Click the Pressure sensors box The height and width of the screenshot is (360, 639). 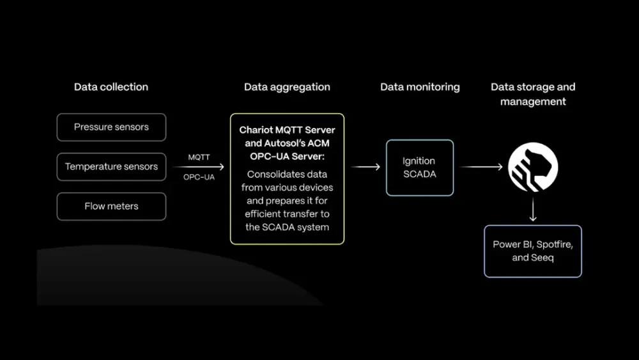111,127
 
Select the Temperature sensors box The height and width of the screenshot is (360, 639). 111,167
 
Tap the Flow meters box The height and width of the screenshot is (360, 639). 111,207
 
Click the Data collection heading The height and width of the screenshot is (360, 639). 111,87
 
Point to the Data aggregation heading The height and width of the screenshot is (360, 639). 287,87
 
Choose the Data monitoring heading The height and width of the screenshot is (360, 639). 420,87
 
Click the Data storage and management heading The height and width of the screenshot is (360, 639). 533,94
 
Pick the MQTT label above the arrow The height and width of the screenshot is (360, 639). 199,157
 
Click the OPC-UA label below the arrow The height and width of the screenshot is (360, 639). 199,177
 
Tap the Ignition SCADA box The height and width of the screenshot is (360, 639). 419,168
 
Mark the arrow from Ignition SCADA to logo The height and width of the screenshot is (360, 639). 481,167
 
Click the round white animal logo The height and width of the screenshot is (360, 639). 533,167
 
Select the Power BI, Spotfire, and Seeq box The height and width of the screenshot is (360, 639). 533,251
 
